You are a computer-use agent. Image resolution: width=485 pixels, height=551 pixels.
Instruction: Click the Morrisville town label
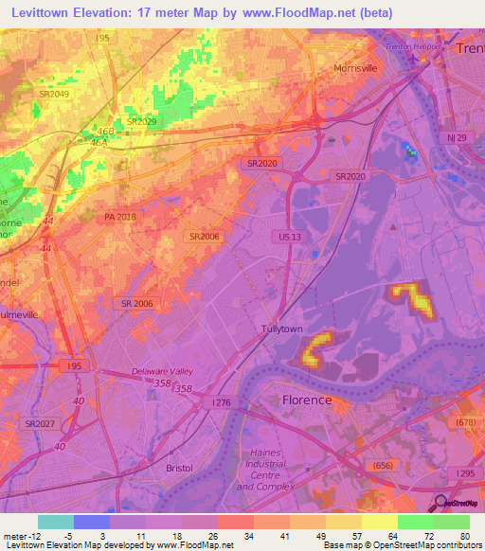pos(356,69)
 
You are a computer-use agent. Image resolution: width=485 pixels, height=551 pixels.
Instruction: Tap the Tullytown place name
pos(281,329)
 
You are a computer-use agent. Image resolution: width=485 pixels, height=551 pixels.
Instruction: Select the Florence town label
pos(307,400)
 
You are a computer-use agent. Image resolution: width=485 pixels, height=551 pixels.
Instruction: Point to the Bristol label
pos(177,468)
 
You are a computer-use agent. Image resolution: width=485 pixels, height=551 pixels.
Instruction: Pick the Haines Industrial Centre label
pos(260,470)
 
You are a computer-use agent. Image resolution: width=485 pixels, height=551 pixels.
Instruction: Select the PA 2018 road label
pos(121,217)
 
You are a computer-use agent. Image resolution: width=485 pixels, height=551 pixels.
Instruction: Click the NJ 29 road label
pos(458,138)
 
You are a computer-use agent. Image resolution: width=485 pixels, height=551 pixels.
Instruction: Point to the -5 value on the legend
pos(68,535)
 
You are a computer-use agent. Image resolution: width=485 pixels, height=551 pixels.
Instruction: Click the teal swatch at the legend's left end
pos(56,522)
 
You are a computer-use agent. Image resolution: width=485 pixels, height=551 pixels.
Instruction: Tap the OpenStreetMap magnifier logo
pos(441,503)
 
